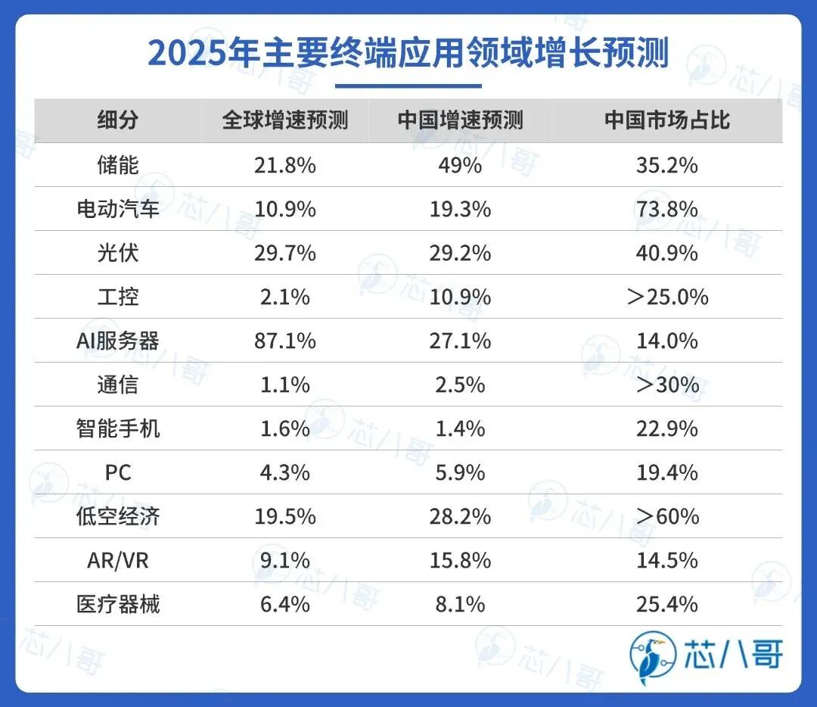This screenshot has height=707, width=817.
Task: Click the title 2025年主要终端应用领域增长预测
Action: (x=408, y=53)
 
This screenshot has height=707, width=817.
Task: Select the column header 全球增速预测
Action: (x=284, y=120)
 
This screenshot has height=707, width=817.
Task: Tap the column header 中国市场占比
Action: (x=666, y=120)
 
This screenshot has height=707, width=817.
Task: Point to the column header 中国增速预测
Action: (x=460, y=120)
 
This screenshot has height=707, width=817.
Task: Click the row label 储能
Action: (x=118, y=164)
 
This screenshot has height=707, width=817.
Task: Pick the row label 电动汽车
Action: (x=118, y=208)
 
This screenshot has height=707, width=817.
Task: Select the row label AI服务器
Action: (x=118, y=341)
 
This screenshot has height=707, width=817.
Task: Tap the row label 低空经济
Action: (x=118, y=516)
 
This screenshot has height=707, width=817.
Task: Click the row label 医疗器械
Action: (x=118, y=604)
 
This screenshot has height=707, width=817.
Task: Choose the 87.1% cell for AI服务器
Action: (x=284, y=341)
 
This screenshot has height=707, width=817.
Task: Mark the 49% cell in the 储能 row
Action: (x=460, y=164)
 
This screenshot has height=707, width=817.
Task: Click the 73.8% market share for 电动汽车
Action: (x=666, y=208)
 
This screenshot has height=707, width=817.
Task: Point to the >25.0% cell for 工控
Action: (x=666, y=297)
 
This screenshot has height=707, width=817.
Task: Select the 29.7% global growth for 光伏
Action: (x=284, y=252)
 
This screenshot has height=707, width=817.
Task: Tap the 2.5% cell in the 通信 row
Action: (x=460, y=385)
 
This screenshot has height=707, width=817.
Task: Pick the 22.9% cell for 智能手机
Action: (x=666, y=428)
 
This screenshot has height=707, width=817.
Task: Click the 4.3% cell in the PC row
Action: (x=284, y=472)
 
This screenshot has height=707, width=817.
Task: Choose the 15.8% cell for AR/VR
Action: (x=460, y=560)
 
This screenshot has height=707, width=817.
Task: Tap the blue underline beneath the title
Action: (x=408, y=86)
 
